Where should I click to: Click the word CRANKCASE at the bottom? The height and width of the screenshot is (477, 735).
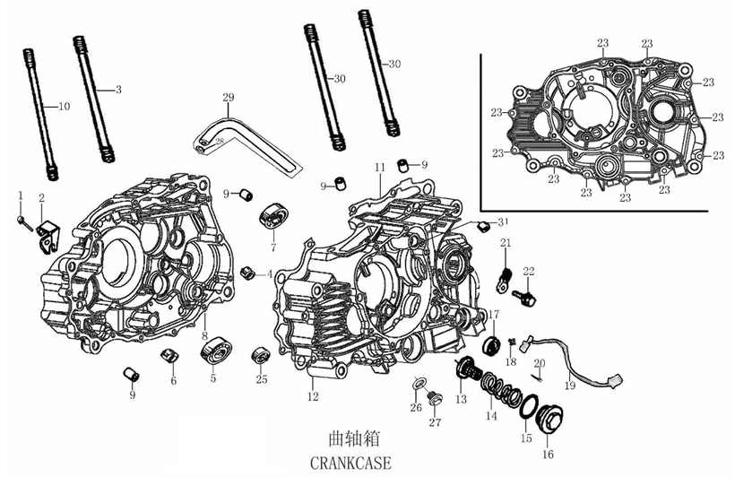coord(349,463)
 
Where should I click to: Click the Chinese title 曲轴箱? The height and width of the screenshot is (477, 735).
coord(349,439)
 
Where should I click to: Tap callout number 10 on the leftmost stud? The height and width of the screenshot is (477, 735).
coord(63,108)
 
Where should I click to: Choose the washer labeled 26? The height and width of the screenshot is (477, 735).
coord(418,386)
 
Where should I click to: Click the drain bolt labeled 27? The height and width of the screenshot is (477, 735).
coord(437,399)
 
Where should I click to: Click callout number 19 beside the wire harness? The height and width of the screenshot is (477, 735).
coord(569,385)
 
